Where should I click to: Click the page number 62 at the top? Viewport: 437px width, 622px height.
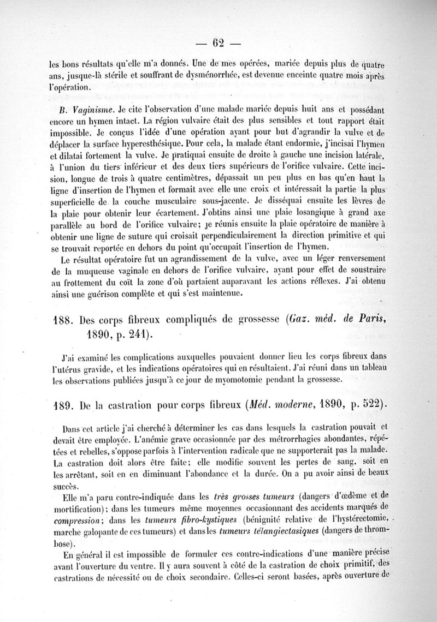pos(218,43)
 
